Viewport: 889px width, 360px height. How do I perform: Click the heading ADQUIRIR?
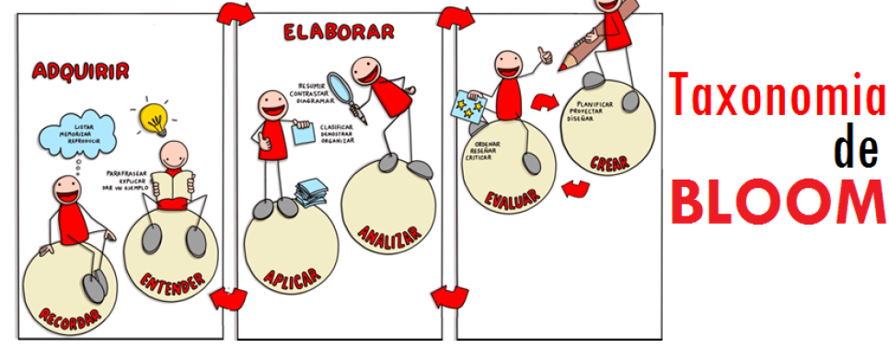(x=80, y=71)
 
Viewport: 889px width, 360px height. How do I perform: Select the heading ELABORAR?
(x=339, y=33)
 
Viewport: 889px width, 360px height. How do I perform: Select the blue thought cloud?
(x=76, y=138)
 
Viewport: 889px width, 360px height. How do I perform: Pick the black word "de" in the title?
(x=855, y=150)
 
